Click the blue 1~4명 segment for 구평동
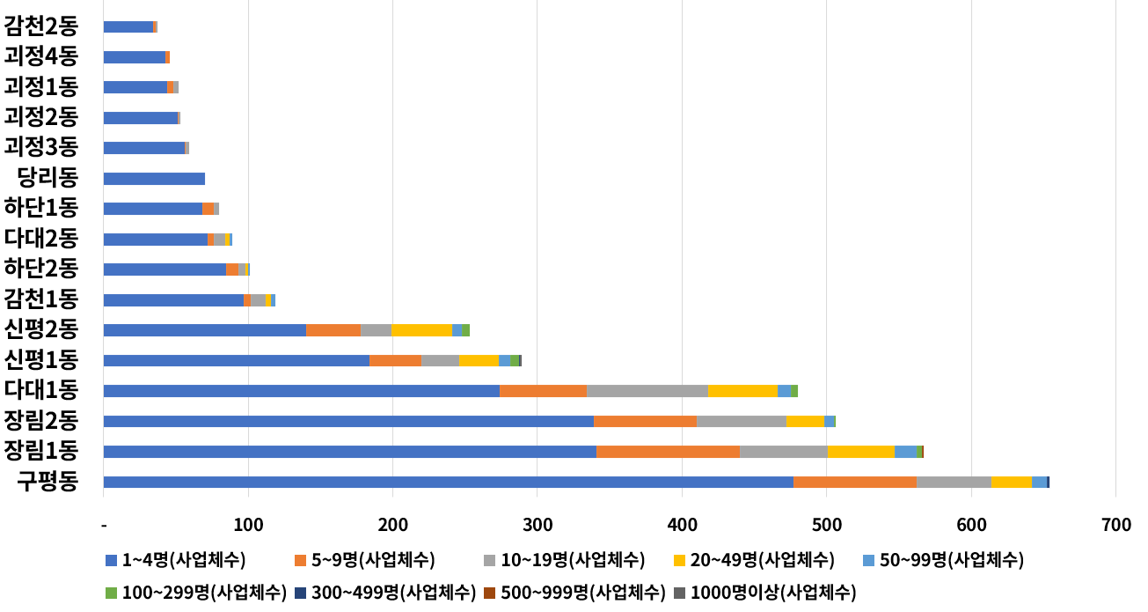(448, 482)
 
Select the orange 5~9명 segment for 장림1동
(668, 452)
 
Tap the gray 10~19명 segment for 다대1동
(647, 391)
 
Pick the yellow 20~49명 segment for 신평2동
(421, 330)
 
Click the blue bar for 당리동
(154, 179)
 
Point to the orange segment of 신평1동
(395, 360)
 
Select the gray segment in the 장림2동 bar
(741, 421)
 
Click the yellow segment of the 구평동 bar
(1011, 482)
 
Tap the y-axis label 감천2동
(41, 26)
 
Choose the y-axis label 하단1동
(41, 209)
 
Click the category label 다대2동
(41, 239)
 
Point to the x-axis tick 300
(537, 526)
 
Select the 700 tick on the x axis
(1115, 526)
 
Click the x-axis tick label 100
(248, 526)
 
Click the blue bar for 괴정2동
(141, 118)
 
